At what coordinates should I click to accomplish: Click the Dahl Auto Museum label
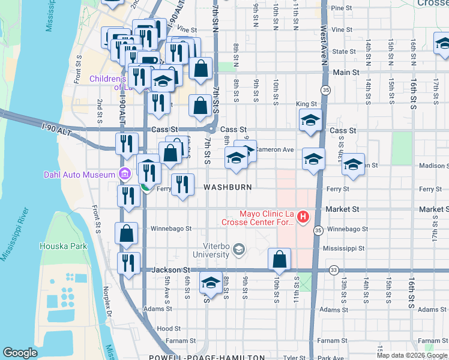79,175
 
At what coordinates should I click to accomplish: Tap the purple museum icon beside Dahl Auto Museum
125,174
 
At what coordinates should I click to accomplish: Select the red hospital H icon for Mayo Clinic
303,217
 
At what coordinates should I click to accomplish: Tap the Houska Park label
63,246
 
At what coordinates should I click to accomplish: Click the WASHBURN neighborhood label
228,187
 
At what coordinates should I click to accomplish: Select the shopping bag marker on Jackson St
280,259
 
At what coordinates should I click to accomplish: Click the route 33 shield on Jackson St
333,271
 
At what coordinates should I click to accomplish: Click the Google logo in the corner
20,353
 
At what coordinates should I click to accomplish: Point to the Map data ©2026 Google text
412,355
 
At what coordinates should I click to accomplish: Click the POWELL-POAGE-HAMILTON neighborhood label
215,357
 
